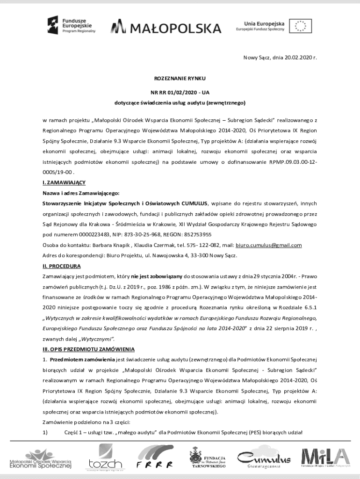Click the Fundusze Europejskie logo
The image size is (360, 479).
(71, 24)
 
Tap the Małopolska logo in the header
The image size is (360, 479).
(166, 28)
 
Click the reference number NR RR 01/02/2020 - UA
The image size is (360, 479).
(180, 92)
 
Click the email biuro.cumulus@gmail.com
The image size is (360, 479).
(268, 245)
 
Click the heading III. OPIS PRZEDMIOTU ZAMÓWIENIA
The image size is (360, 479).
(89, 349)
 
